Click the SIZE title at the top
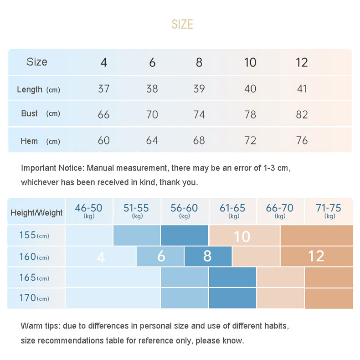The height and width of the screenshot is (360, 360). pyautogui.click(x=182, y=24)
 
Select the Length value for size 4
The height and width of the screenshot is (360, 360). pyautogui.click(x=104, y=88)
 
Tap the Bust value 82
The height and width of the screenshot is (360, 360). pyautogui.click(x=302, y=114)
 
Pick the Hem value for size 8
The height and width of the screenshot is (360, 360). pyautogui.click(x=199, y=140)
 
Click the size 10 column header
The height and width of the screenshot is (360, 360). pyautogui.click(x=250, y=62)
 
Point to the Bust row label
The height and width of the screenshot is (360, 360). pyautogui.click(x=30, y=113)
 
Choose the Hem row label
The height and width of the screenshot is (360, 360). pyautogui.click(x=29, y=141)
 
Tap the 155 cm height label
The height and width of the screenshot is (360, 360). pyautogui.click(x=34, y=236)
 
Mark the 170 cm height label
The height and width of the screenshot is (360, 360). pyautogui.click(x=34, y=298)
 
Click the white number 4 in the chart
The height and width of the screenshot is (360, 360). pyautogui.click(x=101, y=257)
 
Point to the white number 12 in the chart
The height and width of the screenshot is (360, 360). pyautogui.click(x=316, y=256)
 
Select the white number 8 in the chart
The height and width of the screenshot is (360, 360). pyautogui.click(x=207, y=256)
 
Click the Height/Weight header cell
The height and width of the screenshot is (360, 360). pyautogui.click(x=36, y=212)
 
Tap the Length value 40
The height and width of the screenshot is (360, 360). pyautogui.click(x=250, y=88)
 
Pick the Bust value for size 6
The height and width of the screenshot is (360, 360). pyautogui.click(x=152, y=114)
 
